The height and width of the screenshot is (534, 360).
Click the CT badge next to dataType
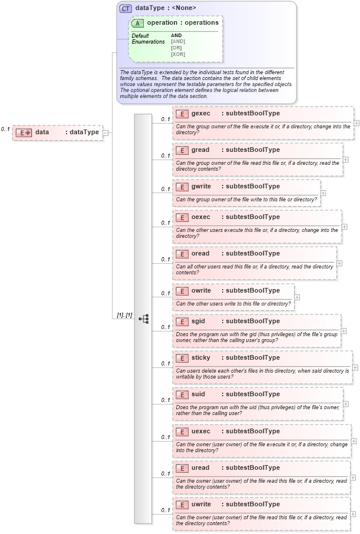click(x=126, y=8)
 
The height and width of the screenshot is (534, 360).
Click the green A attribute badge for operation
click(x=138, y=23)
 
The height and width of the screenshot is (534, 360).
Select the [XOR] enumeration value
click(x=178, y=54)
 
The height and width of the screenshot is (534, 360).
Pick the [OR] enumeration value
click(x=177, y=48)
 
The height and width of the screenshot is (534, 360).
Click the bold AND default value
click(x=176, y=35)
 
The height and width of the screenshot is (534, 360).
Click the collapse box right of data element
click(x=105, y=132)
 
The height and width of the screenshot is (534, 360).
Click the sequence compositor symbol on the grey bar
click(x=143, y=319)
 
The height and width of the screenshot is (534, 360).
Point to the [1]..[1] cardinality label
click(x=124, y=316)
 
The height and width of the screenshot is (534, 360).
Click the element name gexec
click(x=201, y=113)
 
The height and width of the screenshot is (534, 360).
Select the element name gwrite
click(x=203, y=186)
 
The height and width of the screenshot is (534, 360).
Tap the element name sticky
click(x=201, y=357)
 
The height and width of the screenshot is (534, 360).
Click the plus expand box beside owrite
click(x=297, y=297)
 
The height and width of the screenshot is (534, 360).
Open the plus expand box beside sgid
click(x=344, y=331)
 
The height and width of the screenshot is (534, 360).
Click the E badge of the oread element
click(x=182, y=254)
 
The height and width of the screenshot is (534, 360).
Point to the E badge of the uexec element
click(x=182, y=432)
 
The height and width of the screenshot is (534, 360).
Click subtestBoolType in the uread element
click(x=250, y=467)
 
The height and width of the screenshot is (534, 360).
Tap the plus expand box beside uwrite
click(x=354, y=513)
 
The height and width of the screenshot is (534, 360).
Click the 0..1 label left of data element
click(x=6, y=129)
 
